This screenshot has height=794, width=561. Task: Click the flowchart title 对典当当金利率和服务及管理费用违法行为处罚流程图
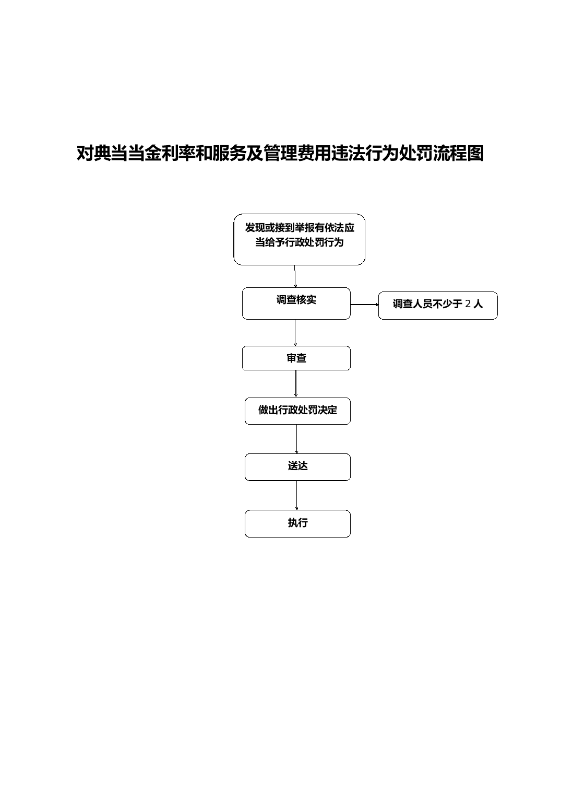280,154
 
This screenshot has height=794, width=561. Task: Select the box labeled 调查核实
296,303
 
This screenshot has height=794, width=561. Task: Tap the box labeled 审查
296,358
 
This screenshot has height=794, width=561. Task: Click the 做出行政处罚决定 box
297,411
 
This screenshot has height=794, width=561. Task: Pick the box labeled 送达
297,467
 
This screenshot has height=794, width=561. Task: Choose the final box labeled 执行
297,523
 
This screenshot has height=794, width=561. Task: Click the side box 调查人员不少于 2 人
438,306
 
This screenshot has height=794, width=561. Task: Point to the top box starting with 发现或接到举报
299,239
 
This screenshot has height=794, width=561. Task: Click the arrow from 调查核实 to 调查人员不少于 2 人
364,305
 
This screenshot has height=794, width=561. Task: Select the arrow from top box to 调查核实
295,276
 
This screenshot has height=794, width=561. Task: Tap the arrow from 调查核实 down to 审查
295,332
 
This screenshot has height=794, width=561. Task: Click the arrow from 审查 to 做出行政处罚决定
296,384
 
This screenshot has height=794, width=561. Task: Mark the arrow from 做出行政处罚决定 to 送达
296,439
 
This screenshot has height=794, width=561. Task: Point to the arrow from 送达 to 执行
296,495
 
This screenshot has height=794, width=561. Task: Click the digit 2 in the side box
468,304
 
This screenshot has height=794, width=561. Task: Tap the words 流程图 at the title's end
459,154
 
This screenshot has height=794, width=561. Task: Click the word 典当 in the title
102,154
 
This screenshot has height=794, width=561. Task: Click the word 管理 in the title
280,154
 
